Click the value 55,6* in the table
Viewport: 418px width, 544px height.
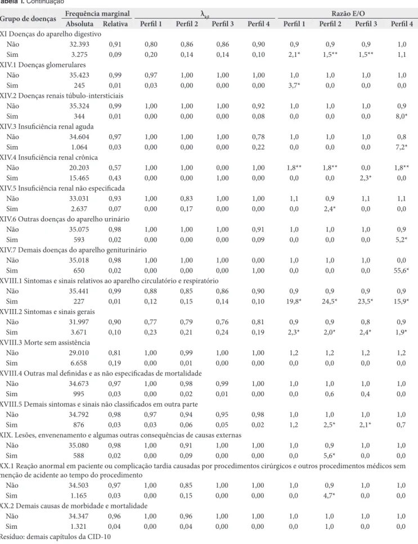(x=401, y=271)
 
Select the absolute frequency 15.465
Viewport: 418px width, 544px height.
(x=79, y=178)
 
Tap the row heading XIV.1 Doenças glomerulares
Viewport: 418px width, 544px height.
(x=43, y=65)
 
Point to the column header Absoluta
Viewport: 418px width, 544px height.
(x=79, y=24)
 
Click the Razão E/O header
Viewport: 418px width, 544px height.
(x=348, y=14)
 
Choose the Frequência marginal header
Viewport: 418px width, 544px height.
(x=97, y=14)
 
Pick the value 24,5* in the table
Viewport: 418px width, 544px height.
(x=330, y=301)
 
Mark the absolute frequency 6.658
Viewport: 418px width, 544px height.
(x=79, y=363)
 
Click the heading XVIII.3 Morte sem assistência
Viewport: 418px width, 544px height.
(x=45, y=343)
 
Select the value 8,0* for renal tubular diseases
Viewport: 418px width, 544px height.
(x=401, y=116)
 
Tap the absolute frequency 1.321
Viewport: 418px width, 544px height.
(x=79, y=527)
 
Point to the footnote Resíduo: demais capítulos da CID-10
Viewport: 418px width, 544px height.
(x=55, y=537)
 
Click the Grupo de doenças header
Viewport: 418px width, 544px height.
(x=28, y=19)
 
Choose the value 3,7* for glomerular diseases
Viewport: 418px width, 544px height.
(x=294, y=85)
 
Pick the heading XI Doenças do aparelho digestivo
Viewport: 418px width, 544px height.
(x=51, y=34)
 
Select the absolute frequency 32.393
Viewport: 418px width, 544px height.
(x=79, y=44)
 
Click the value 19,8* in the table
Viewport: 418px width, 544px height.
(x=294, y=301)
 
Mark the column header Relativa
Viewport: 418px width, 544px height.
(x=115, y=24)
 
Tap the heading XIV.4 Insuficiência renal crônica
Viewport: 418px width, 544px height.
(x=49, y=157)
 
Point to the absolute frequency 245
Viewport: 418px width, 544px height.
(x=79, y=85)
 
